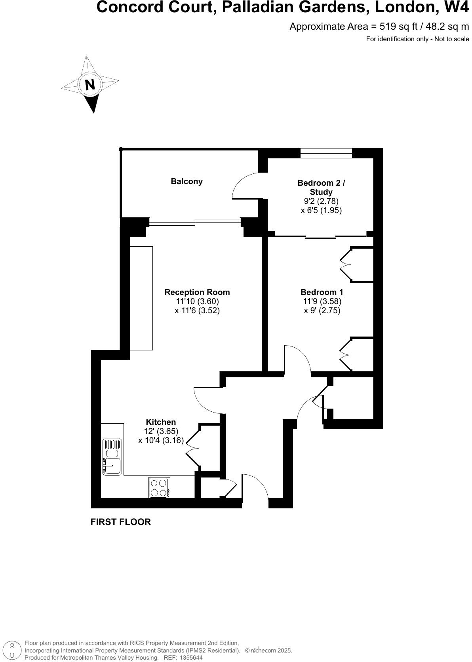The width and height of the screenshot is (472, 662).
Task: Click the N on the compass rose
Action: point(90,85)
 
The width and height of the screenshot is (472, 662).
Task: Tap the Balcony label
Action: point(187,181)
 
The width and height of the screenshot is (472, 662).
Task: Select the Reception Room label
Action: point(197,292)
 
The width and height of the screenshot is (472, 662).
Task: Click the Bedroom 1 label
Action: point(322,292)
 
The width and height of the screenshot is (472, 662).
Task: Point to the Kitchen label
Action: point(161,422)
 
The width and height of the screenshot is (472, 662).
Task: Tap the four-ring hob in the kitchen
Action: point(159,488)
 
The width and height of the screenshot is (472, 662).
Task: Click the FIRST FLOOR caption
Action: point(121,522)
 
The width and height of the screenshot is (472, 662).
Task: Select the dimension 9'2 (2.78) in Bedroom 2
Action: point(321,201)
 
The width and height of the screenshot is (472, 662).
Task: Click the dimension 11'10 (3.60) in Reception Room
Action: point(197,301)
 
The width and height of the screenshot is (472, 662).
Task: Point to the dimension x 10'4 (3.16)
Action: point(161,440)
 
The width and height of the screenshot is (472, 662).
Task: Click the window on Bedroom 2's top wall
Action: point(326,153)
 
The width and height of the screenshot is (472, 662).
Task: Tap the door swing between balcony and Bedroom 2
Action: point(244,185)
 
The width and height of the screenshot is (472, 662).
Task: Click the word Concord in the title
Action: point(126,8)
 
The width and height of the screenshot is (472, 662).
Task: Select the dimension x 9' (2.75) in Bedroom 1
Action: point(322,310)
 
